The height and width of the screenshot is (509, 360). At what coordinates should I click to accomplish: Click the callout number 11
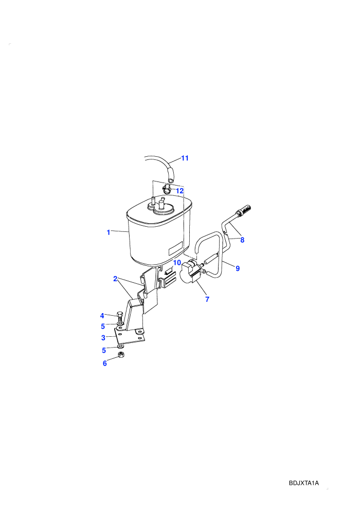click(x=185, y=158)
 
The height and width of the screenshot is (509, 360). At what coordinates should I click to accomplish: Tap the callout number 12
click(x=179, y=191)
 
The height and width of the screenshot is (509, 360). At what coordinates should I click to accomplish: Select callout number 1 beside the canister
click(x=109, y=232)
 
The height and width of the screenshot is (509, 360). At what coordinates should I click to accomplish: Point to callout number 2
click(x=115, y=279)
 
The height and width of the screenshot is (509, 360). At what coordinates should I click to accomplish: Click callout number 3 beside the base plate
click(x=103, y=338)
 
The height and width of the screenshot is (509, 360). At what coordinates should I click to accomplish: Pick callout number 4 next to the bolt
click(x=102, y=316)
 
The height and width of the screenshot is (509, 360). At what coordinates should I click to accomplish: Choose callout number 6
click(x=104, y=363)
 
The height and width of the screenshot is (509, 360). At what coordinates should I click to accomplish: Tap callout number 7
click(x=207, y=299)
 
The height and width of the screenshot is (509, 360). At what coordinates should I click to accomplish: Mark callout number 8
click(x=242, y=240)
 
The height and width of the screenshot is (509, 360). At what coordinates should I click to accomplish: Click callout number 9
click(x=238, y=268)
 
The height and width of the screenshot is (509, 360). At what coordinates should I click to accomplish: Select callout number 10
click(x=177, y=262)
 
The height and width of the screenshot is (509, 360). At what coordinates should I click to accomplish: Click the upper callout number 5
click(x=103, y=326)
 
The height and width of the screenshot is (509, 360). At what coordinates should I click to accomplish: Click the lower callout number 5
click(x=104, y=350)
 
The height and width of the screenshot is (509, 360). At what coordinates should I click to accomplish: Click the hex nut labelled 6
click(x=120, y=354)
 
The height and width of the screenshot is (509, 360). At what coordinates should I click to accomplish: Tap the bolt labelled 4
click(x=119, y=317)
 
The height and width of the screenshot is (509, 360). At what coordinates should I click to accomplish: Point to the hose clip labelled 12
click(x=166, y=188)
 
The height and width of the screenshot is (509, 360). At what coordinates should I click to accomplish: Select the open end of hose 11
click(x=171, y=179)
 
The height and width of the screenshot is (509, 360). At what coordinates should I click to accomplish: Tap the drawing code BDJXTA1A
click(x=304, y=483)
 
